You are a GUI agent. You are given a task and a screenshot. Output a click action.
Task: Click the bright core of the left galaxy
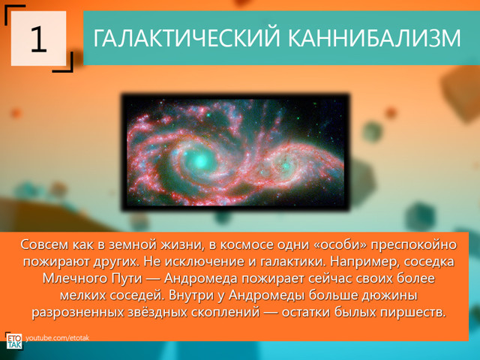point(199,159)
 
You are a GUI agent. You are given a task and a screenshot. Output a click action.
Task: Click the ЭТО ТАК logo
point(13,340)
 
